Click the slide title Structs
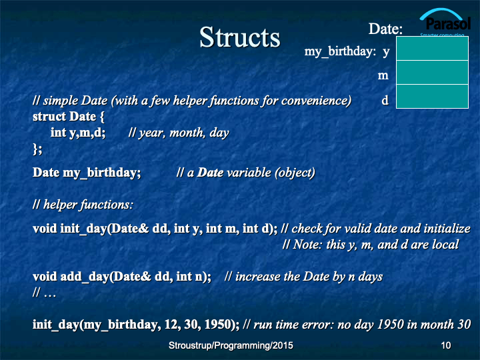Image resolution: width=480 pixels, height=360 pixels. [x=240, y=37]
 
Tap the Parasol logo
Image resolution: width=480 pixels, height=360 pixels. [x=445, y=22]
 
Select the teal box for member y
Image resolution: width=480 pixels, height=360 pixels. [x=432, y=49]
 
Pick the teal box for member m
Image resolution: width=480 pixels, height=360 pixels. [x=432, y=72]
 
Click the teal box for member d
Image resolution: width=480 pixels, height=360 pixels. [x=432, y=96]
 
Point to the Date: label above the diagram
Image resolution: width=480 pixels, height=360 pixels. [x=385, y=29]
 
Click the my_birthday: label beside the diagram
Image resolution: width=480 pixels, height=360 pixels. [x=340, y=51]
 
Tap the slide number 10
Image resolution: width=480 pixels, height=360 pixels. [x=446, y=345]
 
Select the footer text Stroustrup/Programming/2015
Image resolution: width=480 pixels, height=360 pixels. [x=231, y=345]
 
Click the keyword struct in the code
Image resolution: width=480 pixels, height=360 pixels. [x=49, y=117]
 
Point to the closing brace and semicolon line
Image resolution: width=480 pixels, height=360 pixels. [x=37, y=149]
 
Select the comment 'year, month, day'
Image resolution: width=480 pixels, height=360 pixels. [x=184, y=133]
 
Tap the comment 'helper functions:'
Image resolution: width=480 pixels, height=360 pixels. [x=88, y=205]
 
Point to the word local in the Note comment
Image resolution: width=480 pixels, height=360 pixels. [x=445, y=244]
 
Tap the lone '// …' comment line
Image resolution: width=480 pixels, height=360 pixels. [x=45, y=293]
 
